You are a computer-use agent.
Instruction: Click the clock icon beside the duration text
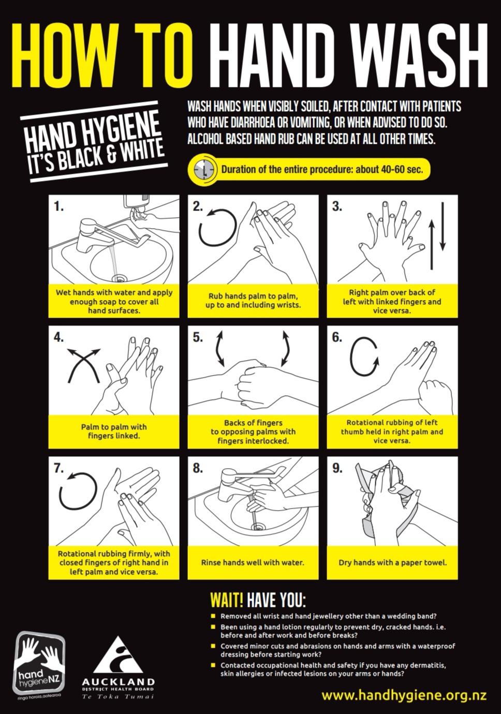203,169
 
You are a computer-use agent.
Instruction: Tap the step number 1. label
58,206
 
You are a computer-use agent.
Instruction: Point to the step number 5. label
198,337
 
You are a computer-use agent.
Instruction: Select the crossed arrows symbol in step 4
84,365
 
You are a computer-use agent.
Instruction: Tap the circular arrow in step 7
78,491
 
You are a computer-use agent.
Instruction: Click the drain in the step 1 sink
120,278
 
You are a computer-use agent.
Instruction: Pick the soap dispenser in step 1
136,203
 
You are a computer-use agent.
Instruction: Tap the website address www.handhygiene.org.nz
404,695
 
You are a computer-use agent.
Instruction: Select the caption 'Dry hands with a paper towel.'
393,562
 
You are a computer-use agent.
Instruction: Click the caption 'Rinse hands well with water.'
253,562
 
